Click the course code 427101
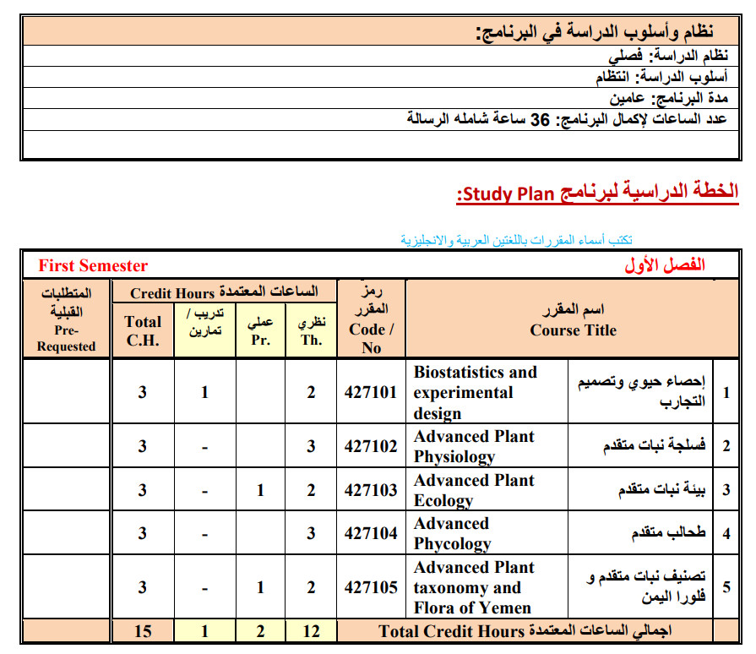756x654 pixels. tap(370, 393)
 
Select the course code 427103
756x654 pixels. tap(370, 490)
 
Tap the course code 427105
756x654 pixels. tap(370, 587)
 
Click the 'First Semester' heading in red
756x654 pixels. tap(93, 266)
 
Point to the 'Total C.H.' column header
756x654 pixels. tap(143, 330)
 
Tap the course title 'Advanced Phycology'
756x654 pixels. tap(452, 533)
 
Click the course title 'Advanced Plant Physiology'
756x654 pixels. tap(474, 446)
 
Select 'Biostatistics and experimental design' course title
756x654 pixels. tap(475, 393)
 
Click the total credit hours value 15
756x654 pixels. tap(143, 631)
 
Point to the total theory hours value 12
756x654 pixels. tap(311, 631)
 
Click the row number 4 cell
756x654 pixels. tap(726, 533)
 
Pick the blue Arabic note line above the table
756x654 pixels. tap(517, 240)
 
